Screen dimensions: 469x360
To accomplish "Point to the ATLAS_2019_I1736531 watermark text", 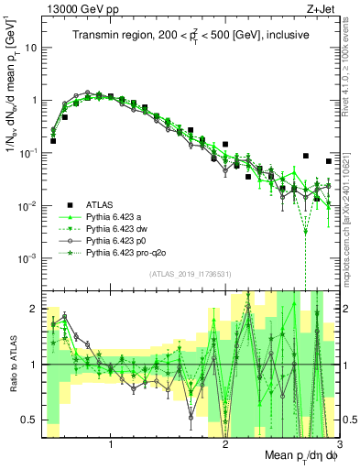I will pos(191,275).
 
